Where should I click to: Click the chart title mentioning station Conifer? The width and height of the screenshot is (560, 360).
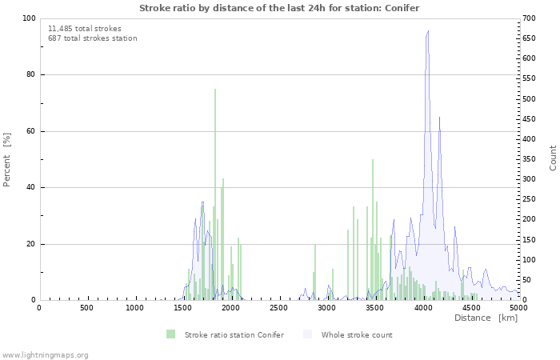279,7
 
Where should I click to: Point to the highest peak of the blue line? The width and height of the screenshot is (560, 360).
429,31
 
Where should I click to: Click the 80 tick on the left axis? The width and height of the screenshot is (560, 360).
30,74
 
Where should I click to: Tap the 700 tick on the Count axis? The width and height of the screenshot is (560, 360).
529,18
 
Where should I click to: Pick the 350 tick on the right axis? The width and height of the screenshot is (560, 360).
529,159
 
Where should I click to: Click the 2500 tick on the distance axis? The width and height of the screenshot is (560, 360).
278,308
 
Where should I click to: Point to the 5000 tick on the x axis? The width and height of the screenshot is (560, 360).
518,308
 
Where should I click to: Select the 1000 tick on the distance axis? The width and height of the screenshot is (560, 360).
134,308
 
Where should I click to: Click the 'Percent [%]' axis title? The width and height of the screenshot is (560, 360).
7,159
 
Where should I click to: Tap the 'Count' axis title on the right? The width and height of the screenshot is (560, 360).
553,158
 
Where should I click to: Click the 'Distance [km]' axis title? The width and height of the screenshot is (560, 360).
486,318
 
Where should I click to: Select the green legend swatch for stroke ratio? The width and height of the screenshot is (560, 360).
170,334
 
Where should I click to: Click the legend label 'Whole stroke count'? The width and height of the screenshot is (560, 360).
357,334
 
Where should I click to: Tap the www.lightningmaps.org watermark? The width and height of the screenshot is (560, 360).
45,354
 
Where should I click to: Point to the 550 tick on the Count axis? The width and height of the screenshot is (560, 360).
529,78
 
